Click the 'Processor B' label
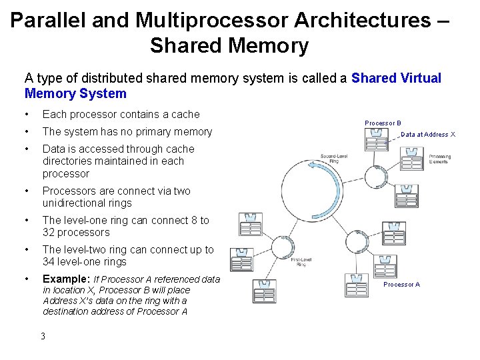click(x=383, y=123)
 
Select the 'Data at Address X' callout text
click(x=428, y=134)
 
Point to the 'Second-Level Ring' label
click(x=332, y=159)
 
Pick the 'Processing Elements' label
click(x=439, y=159)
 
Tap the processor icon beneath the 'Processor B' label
click(x=377, y=139)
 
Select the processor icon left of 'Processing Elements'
click(x=411, y=159)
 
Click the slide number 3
click(x=43, y=335)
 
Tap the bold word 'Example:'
click(x=66, y=279)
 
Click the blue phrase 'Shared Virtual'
click(x=396, y=78)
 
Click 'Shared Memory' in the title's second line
click(x=229, y=45)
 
